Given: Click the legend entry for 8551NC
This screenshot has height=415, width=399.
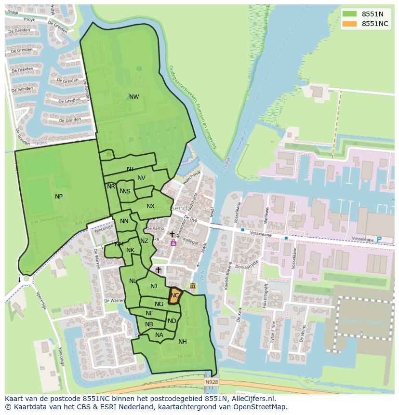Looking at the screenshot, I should pos(375,24).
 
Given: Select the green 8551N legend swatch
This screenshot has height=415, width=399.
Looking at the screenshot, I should pos(350,14).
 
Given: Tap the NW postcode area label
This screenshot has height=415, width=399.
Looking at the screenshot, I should pos(134,97).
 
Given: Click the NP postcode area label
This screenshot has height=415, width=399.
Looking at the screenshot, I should pos(59,196).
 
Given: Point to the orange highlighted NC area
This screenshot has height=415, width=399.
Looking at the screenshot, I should pos(174,295).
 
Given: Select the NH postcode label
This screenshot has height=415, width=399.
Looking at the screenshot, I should pos(183,342).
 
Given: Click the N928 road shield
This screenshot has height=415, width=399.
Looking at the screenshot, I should pos(211,382).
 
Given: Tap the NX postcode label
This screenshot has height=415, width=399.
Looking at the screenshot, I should pos(150,206).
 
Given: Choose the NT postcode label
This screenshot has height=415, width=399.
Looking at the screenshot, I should pos(131,169).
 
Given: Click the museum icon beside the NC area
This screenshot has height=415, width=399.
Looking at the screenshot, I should pos(193,286).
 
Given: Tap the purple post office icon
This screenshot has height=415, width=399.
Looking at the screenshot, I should pos(173,243).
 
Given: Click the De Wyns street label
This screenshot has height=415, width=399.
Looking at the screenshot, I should pos(302,333).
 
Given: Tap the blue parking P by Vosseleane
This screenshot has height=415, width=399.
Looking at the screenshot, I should pos(378,240).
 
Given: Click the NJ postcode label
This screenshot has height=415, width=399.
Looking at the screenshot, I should pos(153,286).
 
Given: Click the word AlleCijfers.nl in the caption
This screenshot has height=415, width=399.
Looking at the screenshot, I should pos(252,399).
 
